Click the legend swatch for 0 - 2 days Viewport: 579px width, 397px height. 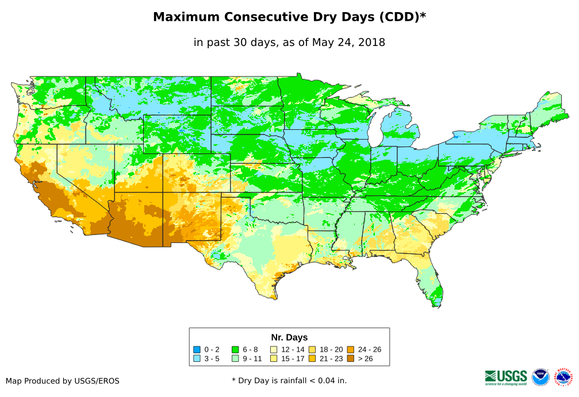pyautogui.click(x=197, y=349)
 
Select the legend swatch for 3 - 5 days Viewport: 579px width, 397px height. pyautogui.click(x=197, y=359)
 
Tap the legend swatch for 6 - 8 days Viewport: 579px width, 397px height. pyautogui.click(x=236, y=349)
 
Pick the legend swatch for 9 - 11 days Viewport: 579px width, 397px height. pyautogui.click(x=236, y=359)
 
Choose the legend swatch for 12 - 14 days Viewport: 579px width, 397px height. pyautogui.click(x=274, y=349)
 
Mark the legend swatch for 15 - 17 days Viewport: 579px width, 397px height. pyautogui.click(x=274, y=359)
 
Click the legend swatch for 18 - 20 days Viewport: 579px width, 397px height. pyautogui.click(x=312, y=349)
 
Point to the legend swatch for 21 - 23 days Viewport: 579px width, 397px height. pyautogui.click(x=312, y=359)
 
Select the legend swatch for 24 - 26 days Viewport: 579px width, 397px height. pyautogui.click(x=350, y=349)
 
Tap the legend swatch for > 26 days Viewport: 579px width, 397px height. pyautogui.click(x=350, y=359)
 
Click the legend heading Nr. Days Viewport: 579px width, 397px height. pyautogui.click(x=289, y=337)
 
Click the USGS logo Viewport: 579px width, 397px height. pyautogui.click(x=506, y=377)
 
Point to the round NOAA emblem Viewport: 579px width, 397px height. pyautogui.click(x=540, y=377)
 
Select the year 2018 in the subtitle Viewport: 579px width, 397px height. pyautogui.click(x=371, y=42)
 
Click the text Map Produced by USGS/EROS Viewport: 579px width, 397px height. pyautogui.click(x=63, y=381)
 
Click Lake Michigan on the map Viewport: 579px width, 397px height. pyautogui.click(x=375, y=135)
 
